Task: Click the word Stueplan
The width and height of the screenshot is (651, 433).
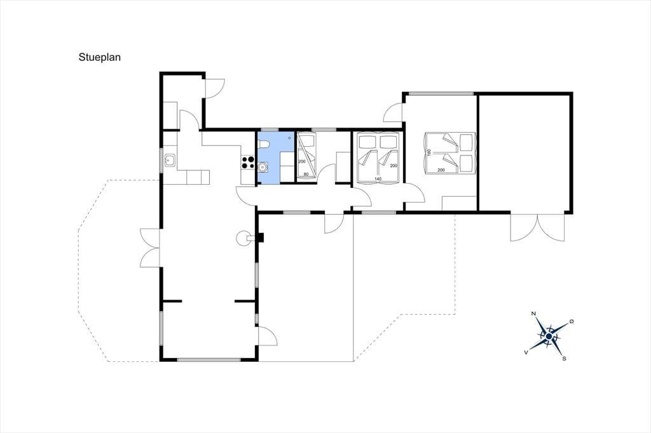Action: click(100, 57)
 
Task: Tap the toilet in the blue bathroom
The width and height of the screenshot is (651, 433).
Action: click(264, 144)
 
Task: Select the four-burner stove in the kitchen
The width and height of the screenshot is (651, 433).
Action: click(248, 162)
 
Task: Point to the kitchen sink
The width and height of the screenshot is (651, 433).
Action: click(170, 160)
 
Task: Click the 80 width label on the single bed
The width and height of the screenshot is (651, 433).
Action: click(306, 174)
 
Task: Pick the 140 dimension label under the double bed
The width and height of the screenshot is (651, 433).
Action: click(378, 179)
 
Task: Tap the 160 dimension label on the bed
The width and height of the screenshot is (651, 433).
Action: click(429, 152)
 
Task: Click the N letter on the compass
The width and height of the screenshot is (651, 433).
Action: click(533, 314)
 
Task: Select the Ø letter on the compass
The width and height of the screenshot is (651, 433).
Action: click(572, 321)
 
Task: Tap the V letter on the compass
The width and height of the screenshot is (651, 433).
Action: click(526, 352)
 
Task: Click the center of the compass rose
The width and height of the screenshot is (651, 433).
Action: click(549, 336)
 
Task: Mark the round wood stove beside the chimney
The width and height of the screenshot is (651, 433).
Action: click(243, 237)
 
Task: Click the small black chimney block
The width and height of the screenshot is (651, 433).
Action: click(261, 237)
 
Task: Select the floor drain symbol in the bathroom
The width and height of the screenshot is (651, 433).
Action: click(289, 138)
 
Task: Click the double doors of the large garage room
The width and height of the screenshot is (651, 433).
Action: click(538, 227)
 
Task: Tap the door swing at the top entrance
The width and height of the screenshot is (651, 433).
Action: click(216, 88)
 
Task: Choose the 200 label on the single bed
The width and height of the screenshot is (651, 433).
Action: click(301, 161)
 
